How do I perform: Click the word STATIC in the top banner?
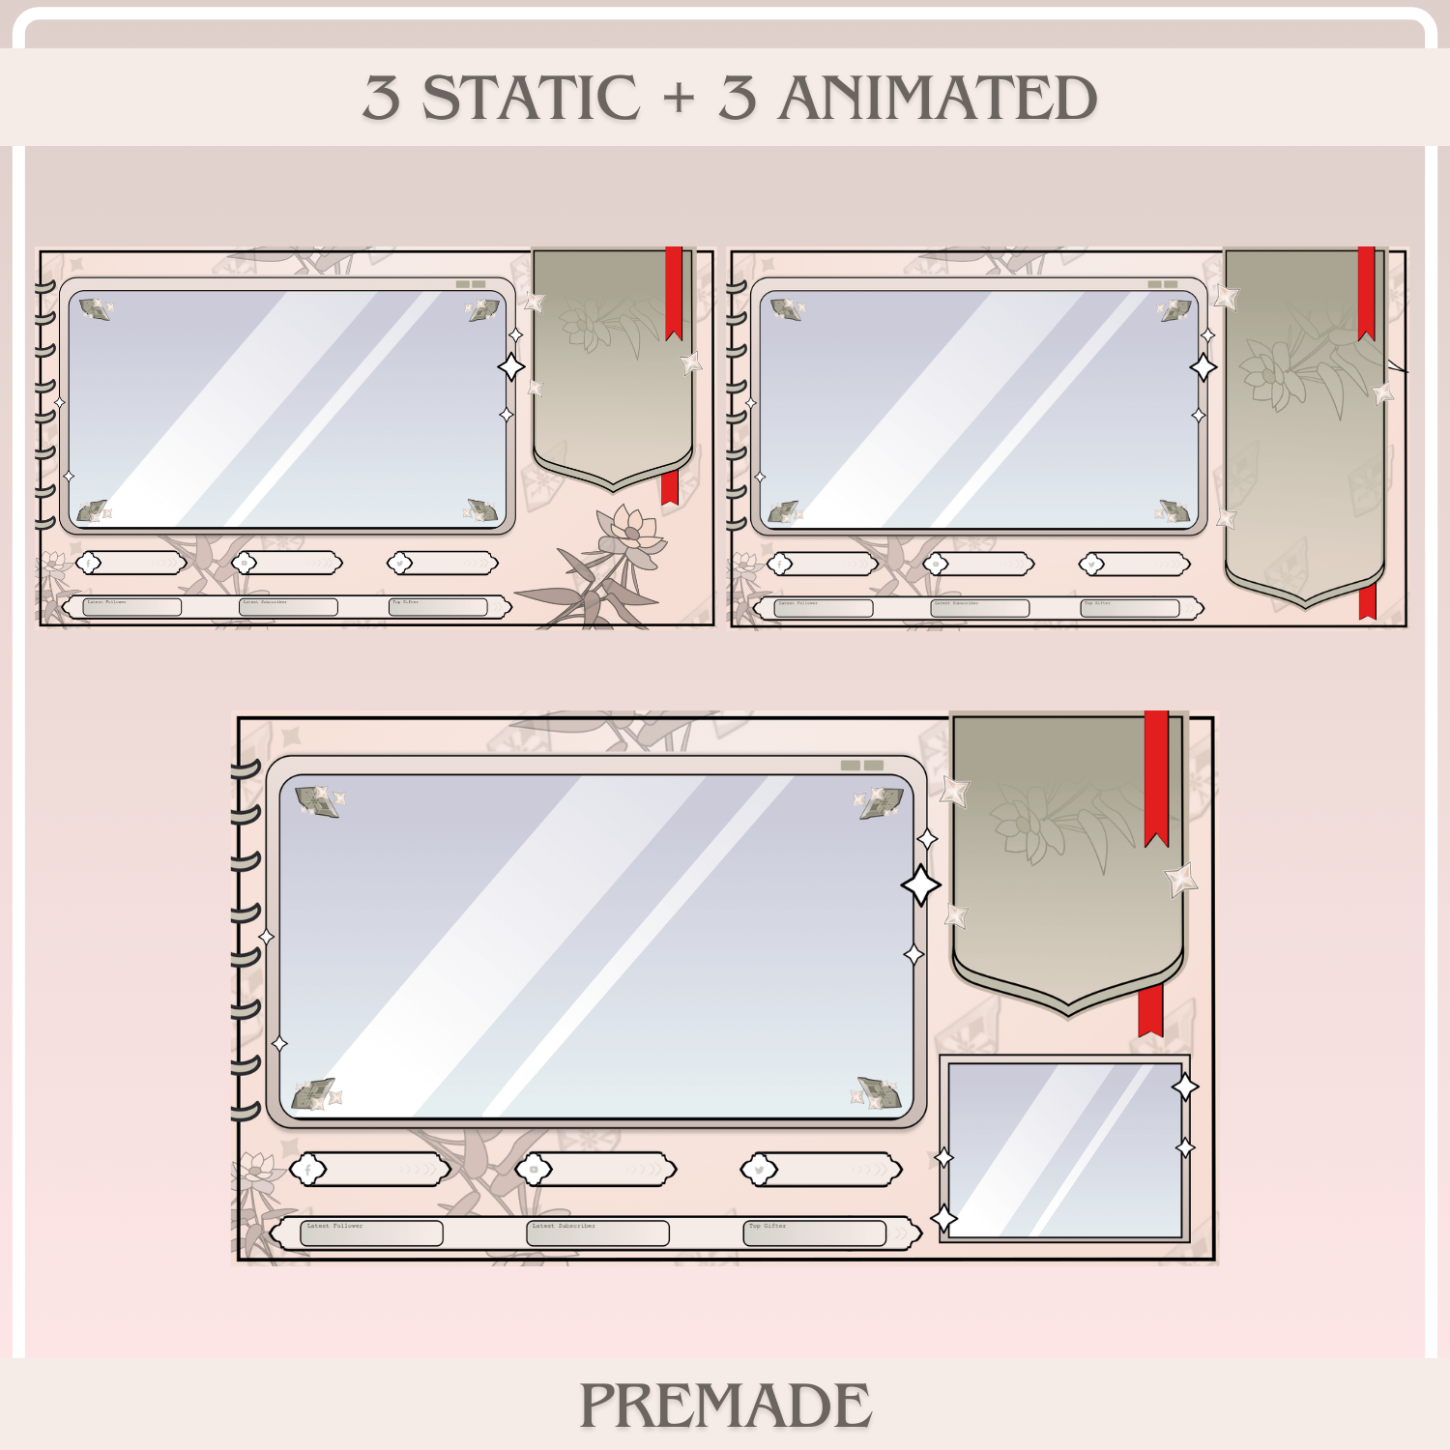pyautogui.click(x=531, y=98)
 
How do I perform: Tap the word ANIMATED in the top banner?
pyautogui.click(x=937, y=98)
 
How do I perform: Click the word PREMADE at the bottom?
pyautogui.click(x=725, y=1406)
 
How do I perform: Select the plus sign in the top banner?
pyautogui.click(x=679, y=98)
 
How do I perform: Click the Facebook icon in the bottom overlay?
pyautogui.click(x=308, y=1170)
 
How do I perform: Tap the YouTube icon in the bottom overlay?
pyautogui.click(x=534, y=1170)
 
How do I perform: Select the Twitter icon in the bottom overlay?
pyautogui.click(x=760, y=1170)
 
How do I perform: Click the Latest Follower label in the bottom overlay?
pyautogui.click(x=334, y=1226)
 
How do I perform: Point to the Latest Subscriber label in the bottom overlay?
pyautogui.click(x=564, y=1226)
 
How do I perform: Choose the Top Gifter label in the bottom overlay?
pyautogui.click(x=768, y=1226)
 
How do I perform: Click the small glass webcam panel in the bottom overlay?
pyautogui.click(x=1064, y=1149)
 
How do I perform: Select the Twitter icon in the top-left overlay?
pyautogui.click(x=399, y=563)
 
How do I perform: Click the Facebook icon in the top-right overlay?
pyautogui.click(x=780, y=564)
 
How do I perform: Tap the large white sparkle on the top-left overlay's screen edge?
pyautogui.click(x=511, y=367)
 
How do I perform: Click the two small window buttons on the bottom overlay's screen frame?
pyautogui.click(x=862, y=765)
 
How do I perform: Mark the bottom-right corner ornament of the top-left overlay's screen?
pyautogui.click(x=481, y=509)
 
